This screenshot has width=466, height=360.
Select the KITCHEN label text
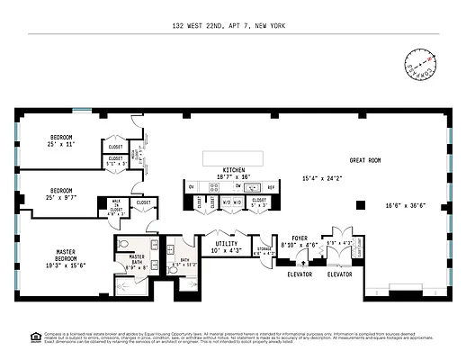(234, 169)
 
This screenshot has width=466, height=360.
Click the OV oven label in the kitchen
(193, 185)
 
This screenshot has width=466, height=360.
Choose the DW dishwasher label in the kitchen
(238, 185)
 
